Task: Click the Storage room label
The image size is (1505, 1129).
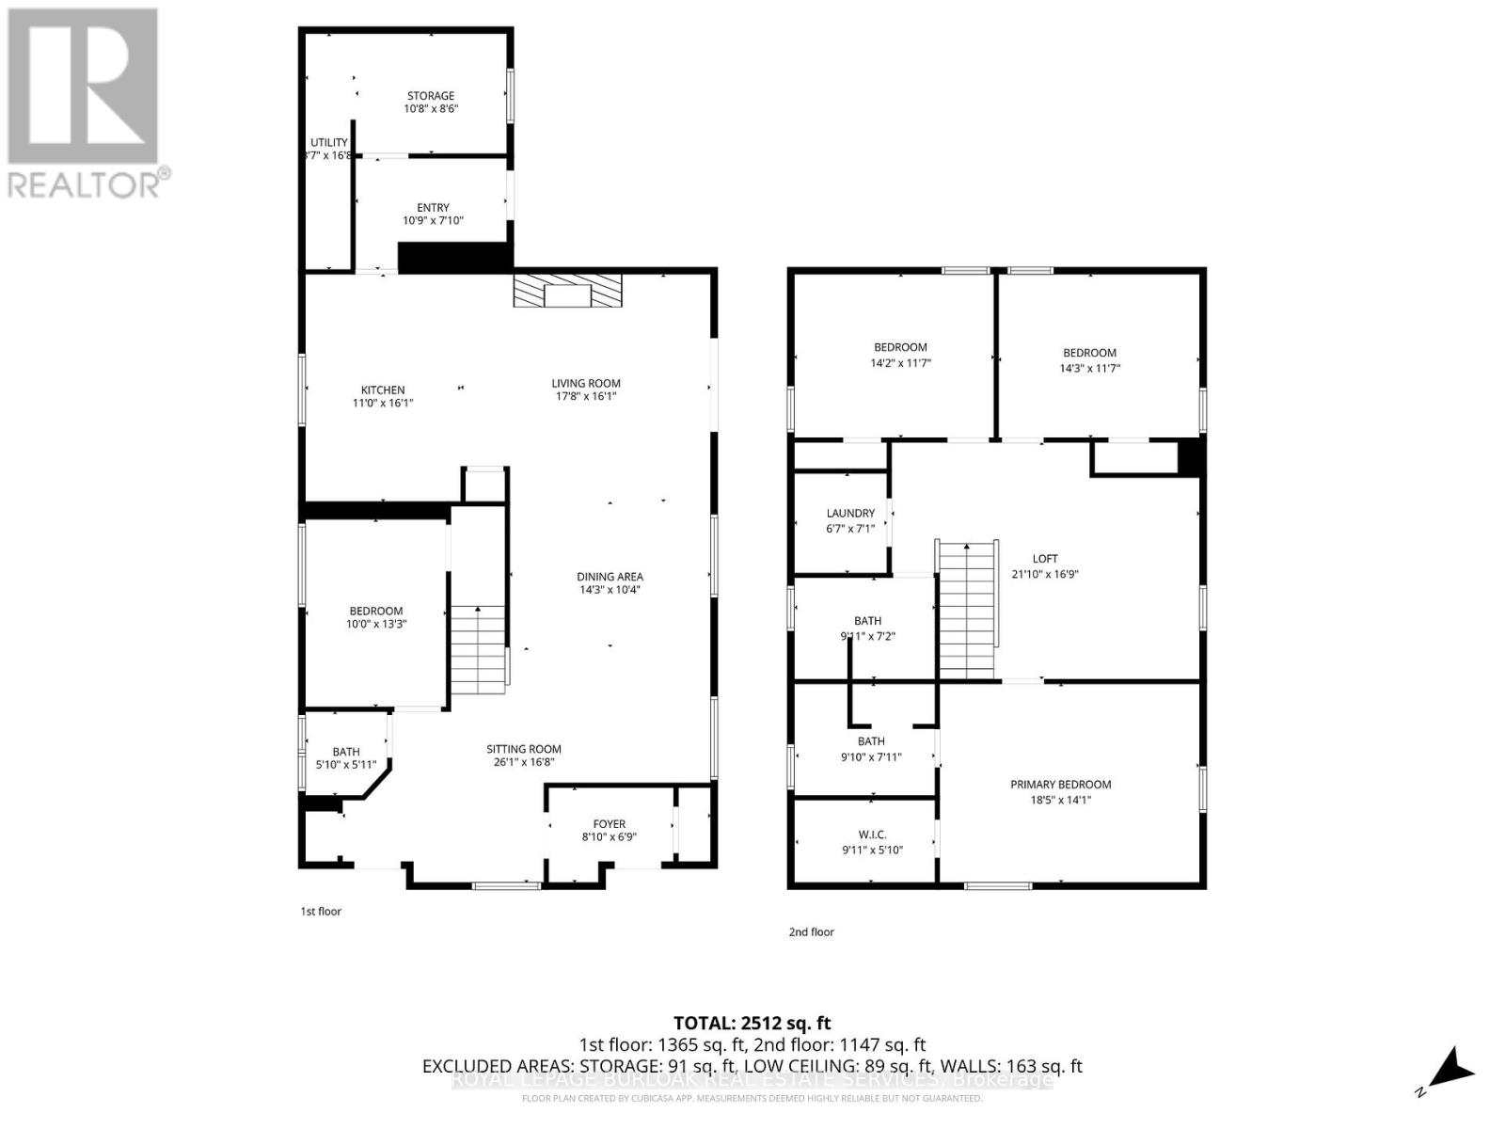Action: [431, 96]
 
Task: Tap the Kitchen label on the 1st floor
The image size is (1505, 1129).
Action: [383, 390]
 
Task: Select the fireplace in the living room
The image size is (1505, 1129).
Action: [567, 291]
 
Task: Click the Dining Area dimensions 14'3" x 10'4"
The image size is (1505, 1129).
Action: [610, 591]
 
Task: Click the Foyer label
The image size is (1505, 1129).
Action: [609, 824]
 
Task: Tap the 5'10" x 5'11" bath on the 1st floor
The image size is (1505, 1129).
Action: [346, 757]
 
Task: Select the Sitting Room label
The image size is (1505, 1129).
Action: [524, 750]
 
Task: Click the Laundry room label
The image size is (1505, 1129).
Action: [850, 514]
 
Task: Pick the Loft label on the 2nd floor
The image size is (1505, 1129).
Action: [1045, 559]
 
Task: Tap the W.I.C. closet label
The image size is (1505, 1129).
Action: [872, 835]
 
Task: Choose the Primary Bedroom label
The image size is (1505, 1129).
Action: [1060, 785]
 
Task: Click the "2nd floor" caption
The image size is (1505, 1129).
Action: [811, 932]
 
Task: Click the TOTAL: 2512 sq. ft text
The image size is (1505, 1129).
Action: [752, 1023]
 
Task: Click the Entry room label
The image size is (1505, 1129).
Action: [433, 208]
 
